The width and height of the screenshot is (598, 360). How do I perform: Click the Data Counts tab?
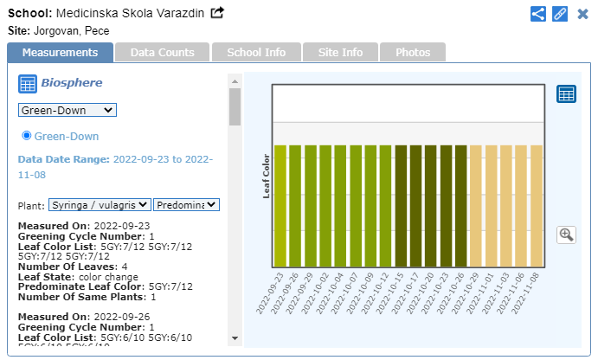coord(162,53)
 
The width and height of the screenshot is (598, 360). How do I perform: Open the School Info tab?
coord(256,53)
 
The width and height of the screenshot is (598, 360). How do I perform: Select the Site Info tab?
coord(339,53)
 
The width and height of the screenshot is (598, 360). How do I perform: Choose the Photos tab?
coord(413,53)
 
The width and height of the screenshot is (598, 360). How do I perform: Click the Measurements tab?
coord(60,53)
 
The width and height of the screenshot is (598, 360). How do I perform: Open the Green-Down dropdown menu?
coord(68,110)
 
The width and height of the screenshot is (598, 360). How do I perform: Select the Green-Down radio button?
coord(27,136)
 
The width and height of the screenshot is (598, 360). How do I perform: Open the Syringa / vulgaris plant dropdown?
coord(99,205)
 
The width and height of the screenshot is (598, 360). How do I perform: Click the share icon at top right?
coord(538,14)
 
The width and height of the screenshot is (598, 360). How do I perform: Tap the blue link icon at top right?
coord(559,14)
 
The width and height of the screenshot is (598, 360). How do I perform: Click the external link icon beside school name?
coord(217,13)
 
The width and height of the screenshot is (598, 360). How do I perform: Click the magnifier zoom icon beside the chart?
coord(567,235)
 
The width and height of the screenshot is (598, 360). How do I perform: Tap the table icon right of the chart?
coord(567,93)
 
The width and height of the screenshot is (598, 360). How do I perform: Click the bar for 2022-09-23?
coord(280,206)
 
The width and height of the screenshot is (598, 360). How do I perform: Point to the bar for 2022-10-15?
coord(401,206)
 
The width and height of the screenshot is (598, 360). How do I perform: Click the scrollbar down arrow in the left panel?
coord(235,337)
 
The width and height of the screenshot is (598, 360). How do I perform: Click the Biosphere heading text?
coord(72,83)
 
